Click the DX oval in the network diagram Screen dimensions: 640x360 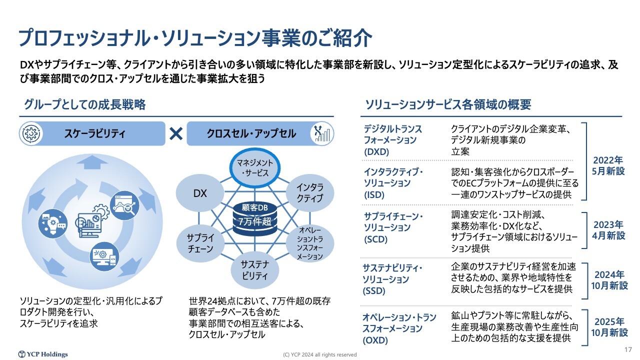(199, 193)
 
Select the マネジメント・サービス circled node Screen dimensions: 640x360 (255, 167)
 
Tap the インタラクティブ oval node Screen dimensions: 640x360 (310, 192)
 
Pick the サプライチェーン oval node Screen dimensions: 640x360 (200, 243)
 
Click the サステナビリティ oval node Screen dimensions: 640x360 (254, 270)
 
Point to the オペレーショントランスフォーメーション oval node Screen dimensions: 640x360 (310, 243)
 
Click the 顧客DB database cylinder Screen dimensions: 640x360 (255, 219)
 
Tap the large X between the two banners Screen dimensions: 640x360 (176, 133)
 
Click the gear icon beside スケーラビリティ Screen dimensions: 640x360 (31, 133)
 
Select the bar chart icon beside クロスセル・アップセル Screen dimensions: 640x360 (322, 133)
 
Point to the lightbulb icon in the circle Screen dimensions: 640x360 (53, 223)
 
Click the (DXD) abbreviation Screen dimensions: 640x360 (376, 151)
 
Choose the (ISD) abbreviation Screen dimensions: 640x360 (374, 195)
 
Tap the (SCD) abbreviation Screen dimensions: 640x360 (375, 239)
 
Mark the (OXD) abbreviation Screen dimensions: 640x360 (375, 340)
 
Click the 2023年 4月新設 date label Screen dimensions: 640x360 (608, 230)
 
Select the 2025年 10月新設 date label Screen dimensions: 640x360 (609, 327)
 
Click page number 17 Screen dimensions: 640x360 (628, 349)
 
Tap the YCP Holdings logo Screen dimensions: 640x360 (43, 354)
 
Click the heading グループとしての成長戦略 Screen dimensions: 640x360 (85, 104)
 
